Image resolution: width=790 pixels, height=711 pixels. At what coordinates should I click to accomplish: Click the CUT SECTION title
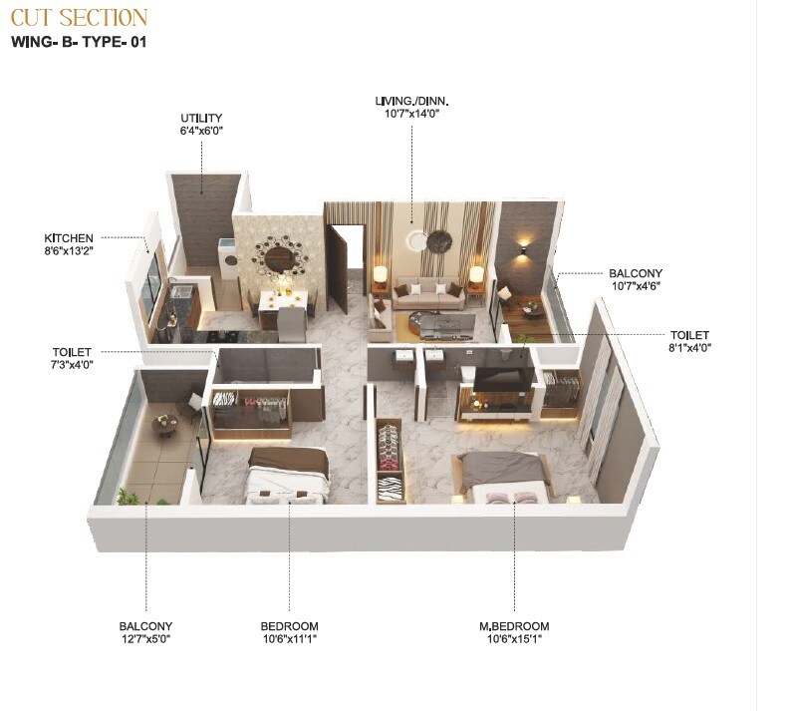pyautogui.click(x=79, y=17)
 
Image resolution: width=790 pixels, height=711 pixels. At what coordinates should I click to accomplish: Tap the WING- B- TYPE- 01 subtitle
pyautogui.click(x=79, y=42)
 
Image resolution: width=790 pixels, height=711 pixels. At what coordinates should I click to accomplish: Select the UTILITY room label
pyautogui.click(x=201, y=118)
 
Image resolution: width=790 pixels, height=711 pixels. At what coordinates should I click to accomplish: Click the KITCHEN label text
pyautogui.click(x=69, y=238)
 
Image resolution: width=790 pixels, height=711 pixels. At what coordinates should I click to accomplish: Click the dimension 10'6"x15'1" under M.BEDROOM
pyautogui.click(x=513, y=639)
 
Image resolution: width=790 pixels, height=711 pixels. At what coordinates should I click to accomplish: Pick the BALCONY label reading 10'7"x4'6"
pyautogui.click(x=636, y=273)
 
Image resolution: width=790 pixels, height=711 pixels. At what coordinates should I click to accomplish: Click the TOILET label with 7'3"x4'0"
pyautogui.click(x=72, y=352)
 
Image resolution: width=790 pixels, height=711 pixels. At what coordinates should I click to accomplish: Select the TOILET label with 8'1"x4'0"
pyautogui.click(x=690, y=335)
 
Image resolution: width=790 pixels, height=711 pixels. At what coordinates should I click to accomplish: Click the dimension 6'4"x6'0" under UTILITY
pyautogui.click(x=201, y=131)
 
